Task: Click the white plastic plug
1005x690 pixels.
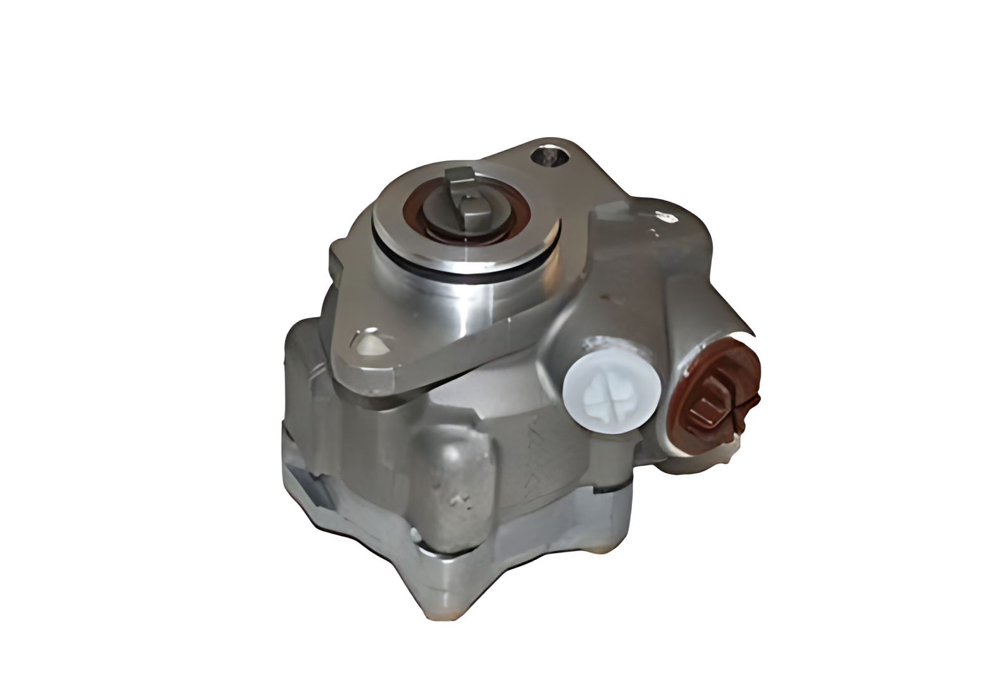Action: click(x=611, y=388)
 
